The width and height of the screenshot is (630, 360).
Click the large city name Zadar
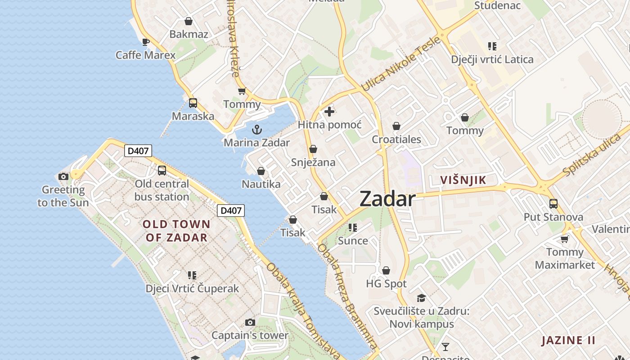387,199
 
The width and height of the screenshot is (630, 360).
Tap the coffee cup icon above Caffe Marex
145,42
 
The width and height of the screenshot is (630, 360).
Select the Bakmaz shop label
189,34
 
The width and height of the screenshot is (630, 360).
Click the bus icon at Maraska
193,103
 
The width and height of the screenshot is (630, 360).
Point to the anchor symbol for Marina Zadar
257,130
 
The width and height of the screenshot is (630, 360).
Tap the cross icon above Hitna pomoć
329,111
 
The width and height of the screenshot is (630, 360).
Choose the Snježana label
313,162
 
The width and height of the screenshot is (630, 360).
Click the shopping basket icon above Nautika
261,171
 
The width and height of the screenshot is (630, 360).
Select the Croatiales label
396,139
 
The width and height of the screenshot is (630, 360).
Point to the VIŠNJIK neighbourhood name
463,180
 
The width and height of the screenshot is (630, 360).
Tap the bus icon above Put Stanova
553,204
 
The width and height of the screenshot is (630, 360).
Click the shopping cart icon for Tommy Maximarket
565,239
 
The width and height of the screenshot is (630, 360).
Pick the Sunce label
353,241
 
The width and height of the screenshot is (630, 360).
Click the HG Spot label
386,284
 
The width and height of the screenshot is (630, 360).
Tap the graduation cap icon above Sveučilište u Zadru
421,298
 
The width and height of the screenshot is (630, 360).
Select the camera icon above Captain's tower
250,322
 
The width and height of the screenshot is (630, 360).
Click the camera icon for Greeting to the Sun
63,176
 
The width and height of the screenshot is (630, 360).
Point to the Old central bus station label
162,190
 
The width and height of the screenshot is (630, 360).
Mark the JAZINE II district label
568,340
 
